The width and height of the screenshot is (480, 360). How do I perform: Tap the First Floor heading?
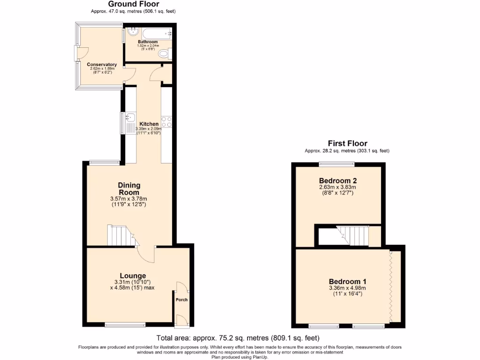tap(347, 143)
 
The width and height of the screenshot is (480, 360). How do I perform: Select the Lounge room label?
tap(133, 276)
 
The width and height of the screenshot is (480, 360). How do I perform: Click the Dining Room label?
tap(129, 189)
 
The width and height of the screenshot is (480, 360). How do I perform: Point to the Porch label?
tap(181, 300)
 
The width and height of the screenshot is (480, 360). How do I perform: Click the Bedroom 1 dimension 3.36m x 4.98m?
tap(347, 288)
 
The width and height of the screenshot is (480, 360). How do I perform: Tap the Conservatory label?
tap(102, 64)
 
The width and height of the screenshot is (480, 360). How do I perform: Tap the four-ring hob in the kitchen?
tap(166, 121)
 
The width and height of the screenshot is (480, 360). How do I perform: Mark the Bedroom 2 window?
tap(337, 164)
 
